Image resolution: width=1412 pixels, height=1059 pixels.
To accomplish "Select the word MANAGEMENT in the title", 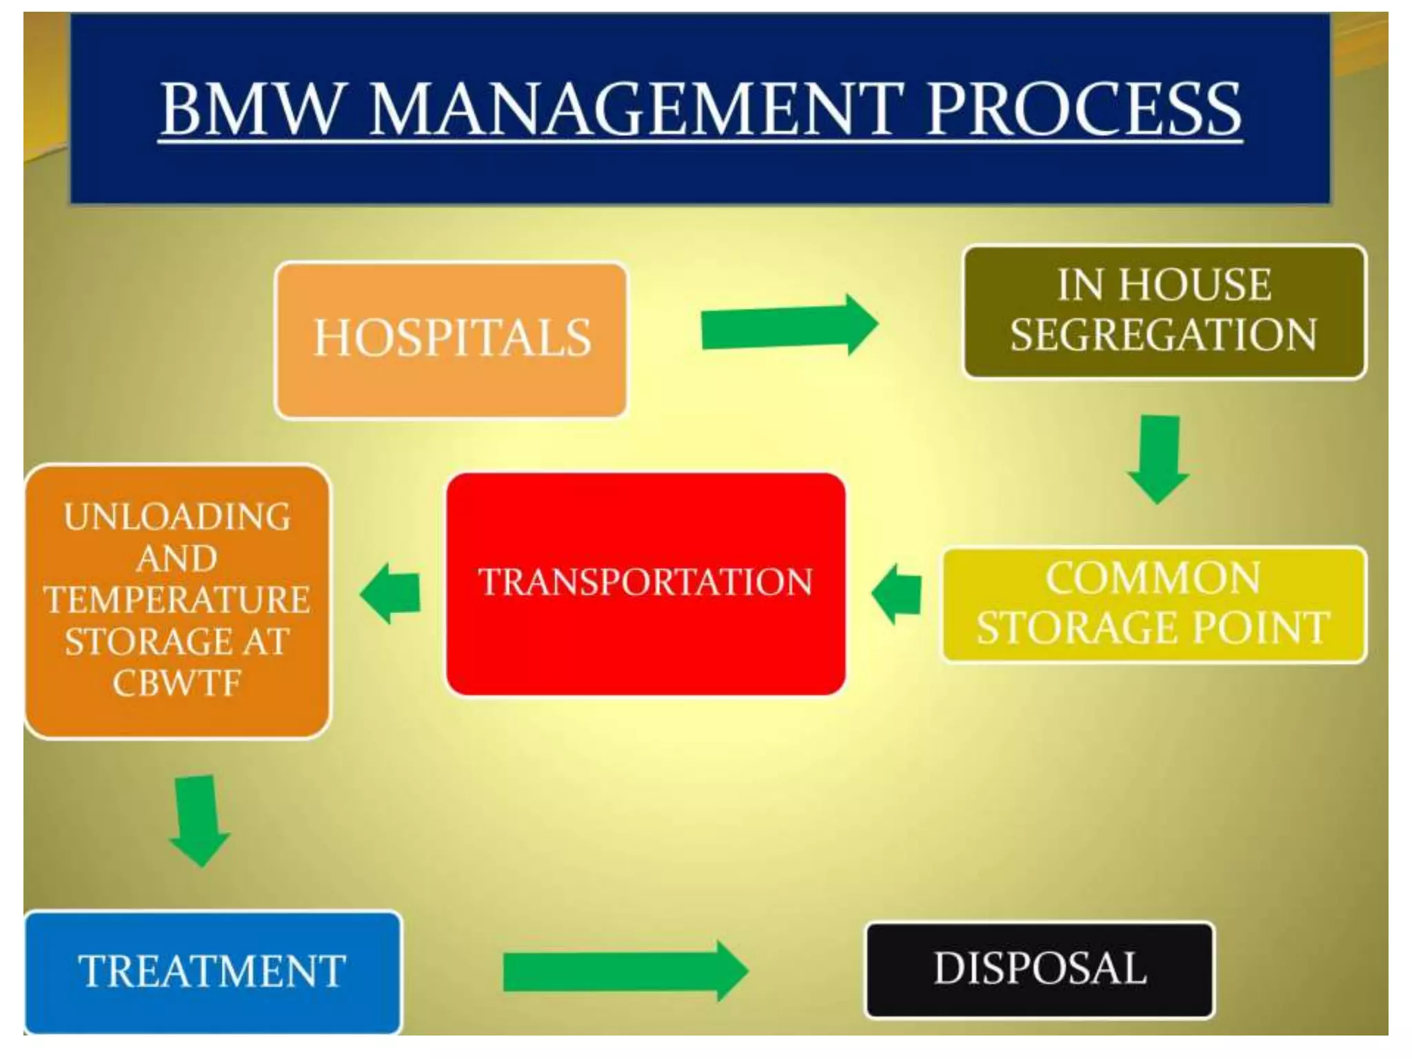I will click(634, 109).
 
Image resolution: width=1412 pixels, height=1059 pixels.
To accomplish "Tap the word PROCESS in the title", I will click(1083, 109).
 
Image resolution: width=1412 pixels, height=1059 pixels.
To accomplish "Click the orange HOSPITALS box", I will click(451, 339).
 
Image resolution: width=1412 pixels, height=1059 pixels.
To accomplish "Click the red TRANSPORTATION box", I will click(645, 583).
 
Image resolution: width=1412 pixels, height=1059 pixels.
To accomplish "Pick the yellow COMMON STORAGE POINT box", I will click(1153, 604).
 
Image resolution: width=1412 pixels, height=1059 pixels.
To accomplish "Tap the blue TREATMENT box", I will click(212, 971).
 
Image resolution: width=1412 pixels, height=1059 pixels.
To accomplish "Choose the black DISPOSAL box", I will click(1040, 969).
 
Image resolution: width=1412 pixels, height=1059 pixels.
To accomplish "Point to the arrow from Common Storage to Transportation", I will click(898, 594).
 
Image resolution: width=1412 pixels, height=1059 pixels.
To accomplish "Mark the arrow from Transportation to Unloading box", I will click(391, 593).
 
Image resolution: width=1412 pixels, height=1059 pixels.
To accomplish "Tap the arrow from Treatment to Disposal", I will click(624, 971).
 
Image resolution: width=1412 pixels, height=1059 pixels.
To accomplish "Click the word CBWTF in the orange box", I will click(176, 683).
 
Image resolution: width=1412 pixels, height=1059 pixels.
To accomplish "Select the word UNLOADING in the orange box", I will click(176, 517).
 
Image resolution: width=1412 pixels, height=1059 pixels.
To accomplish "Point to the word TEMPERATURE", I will click(176, 600).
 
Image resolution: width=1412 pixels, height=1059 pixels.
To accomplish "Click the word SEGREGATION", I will click(1164, 334).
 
